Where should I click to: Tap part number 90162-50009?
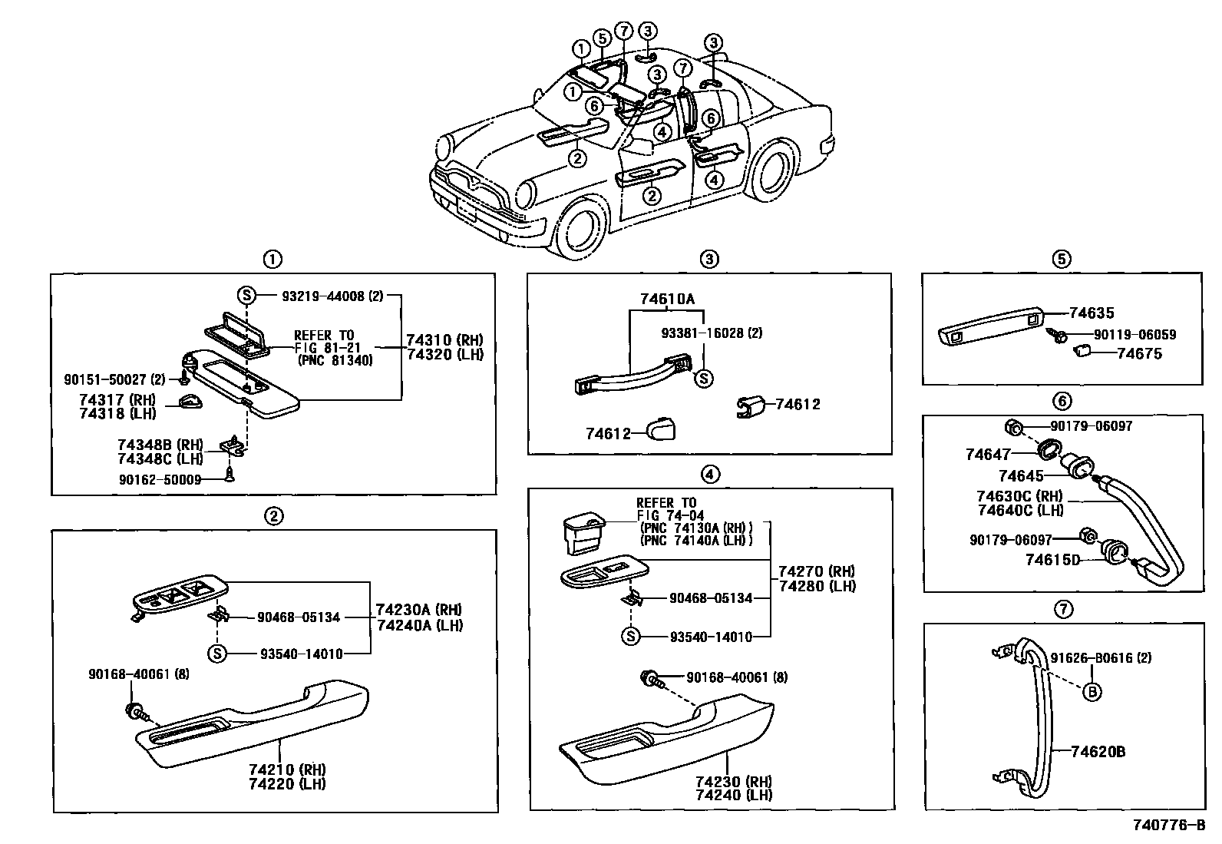(160, 479)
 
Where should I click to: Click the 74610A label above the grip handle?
(667, 299)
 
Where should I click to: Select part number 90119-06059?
(1129, 335)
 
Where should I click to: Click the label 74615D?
(1052, 560)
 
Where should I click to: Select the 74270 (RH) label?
(816, 571)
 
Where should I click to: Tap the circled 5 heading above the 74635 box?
(1062, 259)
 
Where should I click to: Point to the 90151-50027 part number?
(114, 379)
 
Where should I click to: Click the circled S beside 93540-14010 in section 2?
(218, 654)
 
